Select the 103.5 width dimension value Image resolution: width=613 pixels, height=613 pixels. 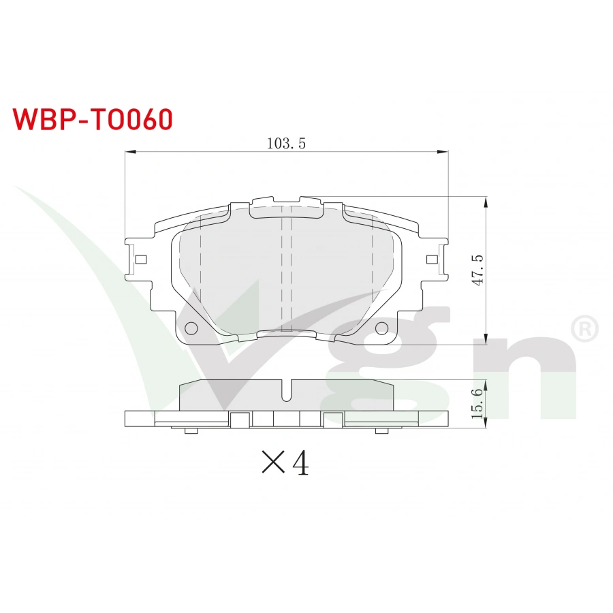pyautogui.click(x=286, y=143)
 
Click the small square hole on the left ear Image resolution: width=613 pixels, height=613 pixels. pyautogui.click(x=141, y=260)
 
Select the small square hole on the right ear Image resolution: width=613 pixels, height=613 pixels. pyautogui.click(x=431, y=260)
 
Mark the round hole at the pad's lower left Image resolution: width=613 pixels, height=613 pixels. pyautogui.click(x=191, y=328)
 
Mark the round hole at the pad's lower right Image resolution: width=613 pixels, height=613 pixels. pyautogui.click(x=381, y=328)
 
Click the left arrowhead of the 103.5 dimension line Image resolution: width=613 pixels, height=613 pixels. pyautogui.click(x=129, y=153)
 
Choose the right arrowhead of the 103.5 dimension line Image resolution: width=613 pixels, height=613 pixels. pyautogui.click(x=443, y=153)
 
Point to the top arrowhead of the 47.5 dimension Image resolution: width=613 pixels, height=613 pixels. pyautogui.click(x=486, y=202)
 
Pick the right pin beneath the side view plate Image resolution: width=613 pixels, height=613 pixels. pyautogui.click(x=381, y=430)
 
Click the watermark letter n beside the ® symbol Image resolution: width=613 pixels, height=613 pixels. pyautogui.click(x=538, y=375)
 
